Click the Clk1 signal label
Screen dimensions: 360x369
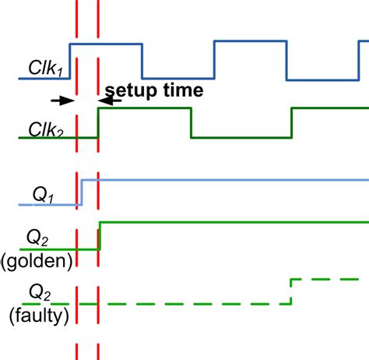click(43, 68)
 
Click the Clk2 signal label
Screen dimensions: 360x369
click(44, 128)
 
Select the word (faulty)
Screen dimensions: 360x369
click(39, 316)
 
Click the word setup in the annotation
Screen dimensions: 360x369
click(136, 90)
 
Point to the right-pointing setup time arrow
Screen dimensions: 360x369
click(61, 101)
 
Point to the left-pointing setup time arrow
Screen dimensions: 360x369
click(111, 101)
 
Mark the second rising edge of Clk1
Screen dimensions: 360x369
click(214, 61)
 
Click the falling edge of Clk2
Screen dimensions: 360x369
click(192, 122)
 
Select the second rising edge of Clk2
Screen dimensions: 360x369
click(291, 122)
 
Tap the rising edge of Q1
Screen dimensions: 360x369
click(81, 192)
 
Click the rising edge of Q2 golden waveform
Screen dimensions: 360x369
click(100, 236)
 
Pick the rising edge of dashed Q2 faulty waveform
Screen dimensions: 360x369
click(290, 291)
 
